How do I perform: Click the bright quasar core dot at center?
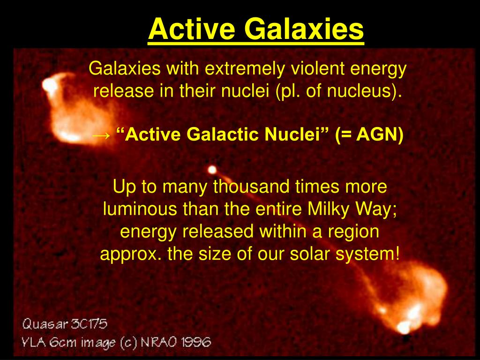coord(212,169)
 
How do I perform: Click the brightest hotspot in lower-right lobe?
coord(403,327)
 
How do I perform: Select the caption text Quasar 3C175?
coord(64,323)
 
